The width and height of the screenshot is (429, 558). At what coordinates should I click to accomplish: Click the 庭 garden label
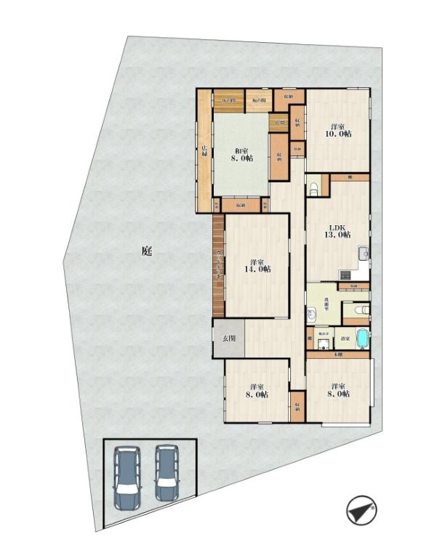click(147, 252)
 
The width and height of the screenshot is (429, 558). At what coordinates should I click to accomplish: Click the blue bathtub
click(361, 339)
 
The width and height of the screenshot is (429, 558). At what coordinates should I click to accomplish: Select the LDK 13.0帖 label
click(337, 230)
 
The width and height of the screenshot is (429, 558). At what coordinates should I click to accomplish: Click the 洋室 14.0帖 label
click(257, 265)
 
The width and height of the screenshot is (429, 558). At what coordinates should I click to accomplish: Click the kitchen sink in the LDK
click(362, 254)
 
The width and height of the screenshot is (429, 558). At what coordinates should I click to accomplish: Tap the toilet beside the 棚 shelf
click(313, 190)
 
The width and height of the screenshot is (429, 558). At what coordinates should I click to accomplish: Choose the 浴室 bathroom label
click(345, 339)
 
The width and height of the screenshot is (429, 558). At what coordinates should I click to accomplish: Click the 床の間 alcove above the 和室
click(227, 100)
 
